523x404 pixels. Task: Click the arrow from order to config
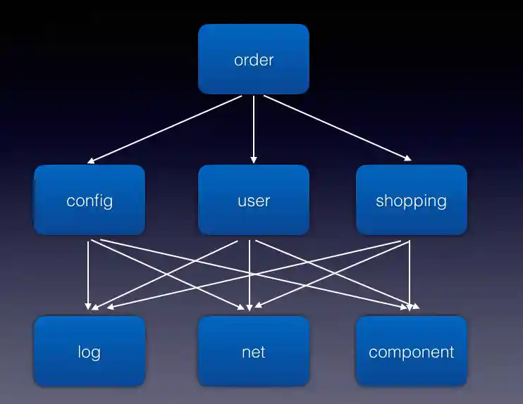(x=166, y=129)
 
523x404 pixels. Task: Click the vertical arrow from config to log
(x=88, y=274)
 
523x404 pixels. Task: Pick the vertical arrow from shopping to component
(x=410, y=274)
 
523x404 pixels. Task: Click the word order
(x=254, y=60)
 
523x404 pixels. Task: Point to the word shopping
(x=411, y=201)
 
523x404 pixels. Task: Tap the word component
(x=411, y=352)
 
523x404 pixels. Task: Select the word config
(x=90, y=201)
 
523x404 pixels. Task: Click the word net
(x=254, y=352)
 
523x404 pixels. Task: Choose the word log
(x=90, y=352)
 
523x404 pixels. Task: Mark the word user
(x=254, y=201)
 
